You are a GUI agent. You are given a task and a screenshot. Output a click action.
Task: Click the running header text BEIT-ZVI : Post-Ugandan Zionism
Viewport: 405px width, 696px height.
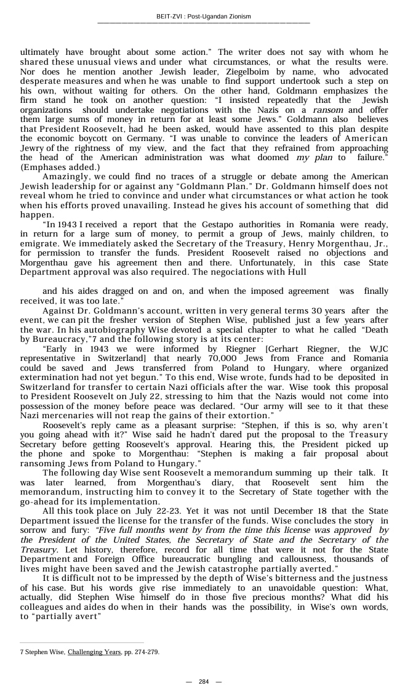coord(203,16)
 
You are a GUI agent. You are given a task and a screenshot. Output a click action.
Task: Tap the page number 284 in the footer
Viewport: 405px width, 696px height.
coord(203,681)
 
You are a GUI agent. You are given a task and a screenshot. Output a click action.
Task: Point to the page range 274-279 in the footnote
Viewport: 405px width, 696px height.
coord(146,652)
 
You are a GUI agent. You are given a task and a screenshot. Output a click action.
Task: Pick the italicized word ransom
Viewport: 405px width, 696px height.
coord(328,110)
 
